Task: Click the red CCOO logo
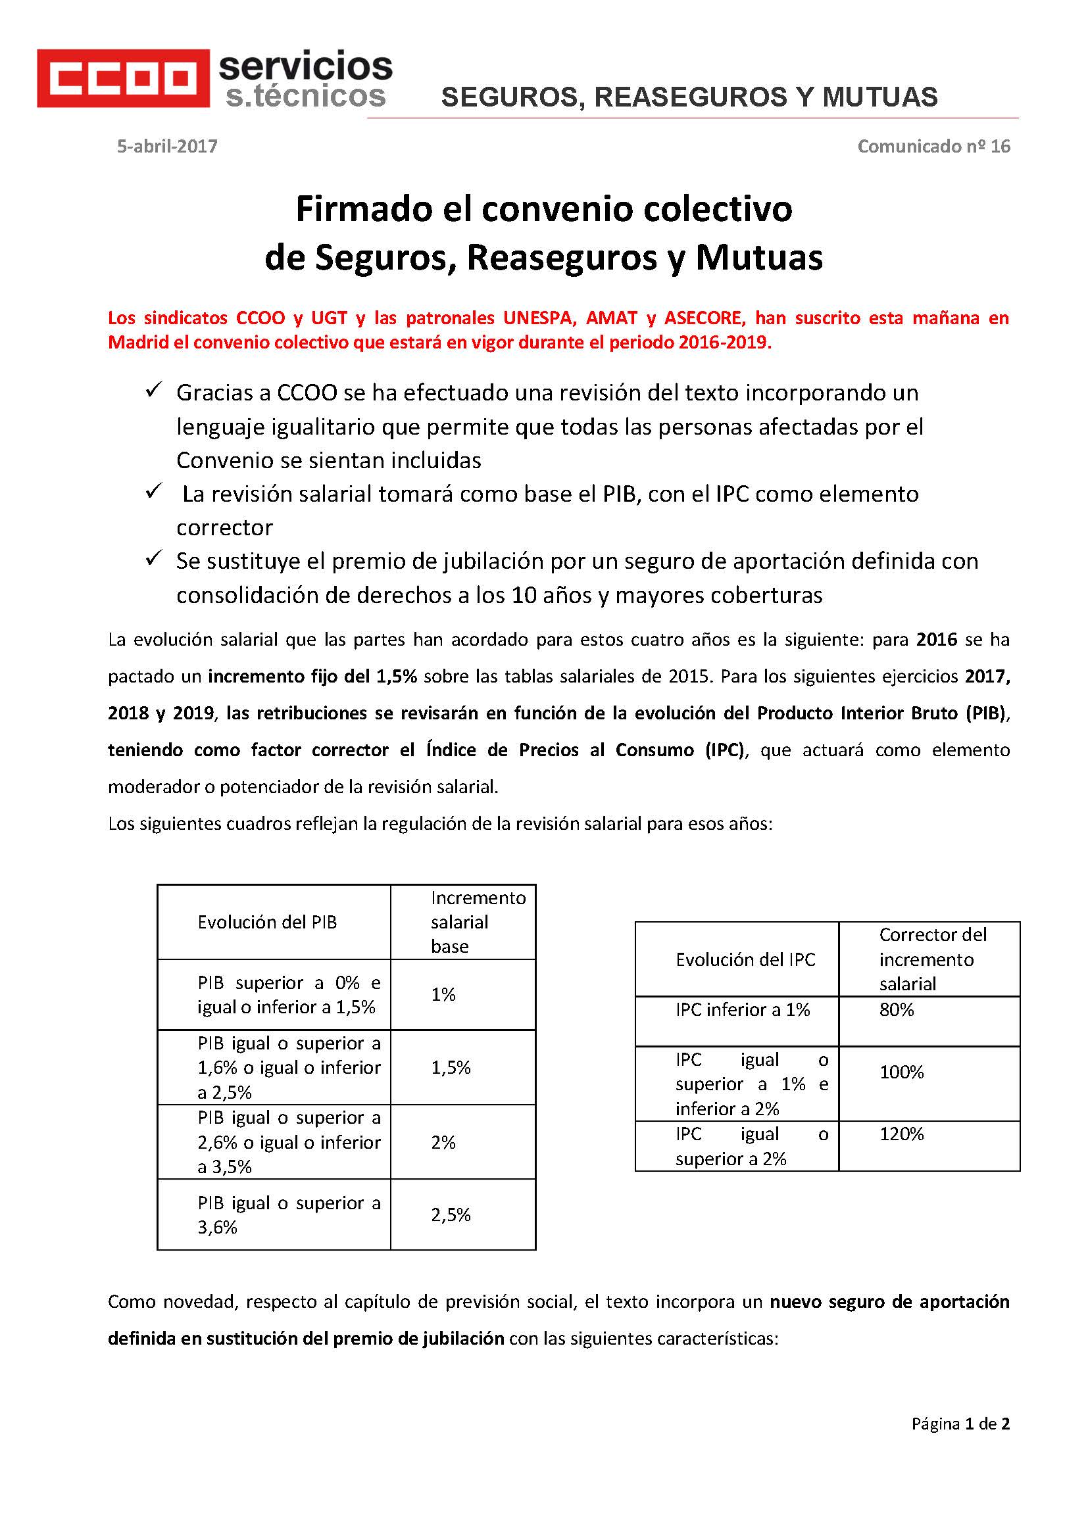coord(122,78)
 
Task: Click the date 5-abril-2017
coord(167,146)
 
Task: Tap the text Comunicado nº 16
coord(933,146)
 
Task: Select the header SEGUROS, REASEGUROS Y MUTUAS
coord(689,97)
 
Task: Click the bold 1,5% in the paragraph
coord(397,676)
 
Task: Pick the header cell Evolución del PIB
coord(266,923)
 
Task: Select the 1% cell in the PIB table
coord(443,995)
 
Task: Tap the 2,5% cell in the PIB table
coord(451,1214)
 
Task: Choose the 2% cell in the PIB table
coord(443,1142)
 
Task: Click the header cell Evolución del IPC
coord(745,960)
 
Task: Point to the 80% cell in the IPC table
coord(897,1009)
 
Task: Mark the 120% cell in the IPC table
coord(901,1134)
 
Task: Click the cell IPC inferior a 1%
coord(742,1009)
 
